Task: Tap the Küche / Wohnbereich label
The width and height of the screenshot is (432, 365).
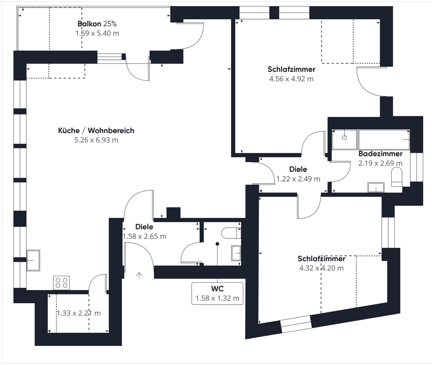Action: [96, 130]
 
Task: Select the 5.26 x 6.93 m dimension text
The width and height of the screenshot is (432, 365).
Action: [96, 140]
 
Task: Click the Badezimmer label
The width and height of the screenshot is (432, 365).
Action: [380, 154]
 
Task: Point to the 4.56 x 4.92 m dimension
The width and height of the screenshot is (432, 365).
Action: [291, 79]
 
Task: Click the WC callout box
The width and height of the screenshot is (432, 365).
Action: [217, 293]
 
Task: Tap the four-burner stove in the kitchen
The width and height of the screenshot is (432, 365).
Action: [61, 283]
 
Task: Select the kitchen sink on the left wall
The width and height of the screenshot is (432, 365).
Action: [33, 260]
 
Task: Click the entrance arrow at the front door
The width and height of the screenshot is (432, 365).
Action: [139, 275]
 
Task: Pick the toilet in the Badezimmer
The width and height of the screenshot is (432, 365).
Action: [397, 177]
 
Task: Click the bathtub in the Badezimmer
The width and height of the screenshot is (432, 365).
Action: [384, 139]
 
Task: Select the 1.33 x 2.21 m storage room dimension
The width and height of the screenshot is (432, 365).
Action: [78, 313]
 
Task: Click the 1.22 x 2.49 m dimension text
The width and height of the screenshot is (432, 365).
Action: [298, 179]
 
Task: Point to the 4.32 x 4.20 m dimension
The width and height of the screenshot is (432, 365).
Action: [321, 268]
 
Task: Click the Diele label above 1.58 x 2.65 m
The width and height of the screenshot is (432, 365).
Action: [144, 227]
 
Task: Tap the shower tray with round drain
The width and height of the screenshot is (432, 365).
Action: [345, 139]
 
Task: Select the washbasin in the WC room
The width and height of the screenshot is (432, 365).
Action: [236, 253]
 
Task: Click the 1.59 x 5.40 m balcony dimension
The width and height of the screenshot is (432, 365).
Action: [97, 33]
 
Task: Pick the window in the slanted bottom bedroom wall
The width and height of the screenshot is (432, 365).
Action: [296, 324]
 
